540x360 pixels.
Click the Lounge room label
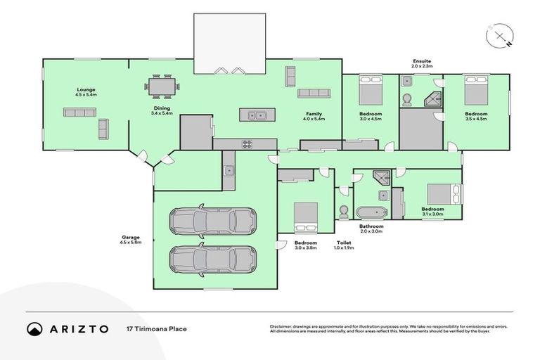[86, 91]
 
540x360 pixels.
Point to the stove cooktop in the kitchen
[247, 144]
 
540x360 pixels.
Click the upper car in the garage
[212, 221]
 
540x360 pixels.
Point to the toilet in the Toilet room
[344, 212]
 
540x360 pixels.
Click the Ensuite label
[422, 62]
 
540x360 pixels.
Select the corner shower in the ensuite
[435, 99]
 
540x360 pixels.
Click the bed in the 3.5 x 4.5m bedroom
[475, 91]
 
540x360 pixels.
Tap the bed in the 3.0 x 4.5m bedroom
[370, 91]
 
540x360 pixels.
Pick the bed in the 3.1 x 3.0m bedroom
[445, 193]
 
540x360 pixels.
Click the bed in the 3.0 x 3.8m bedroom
[305, 216]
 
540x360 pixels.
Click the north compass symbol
[500, 36]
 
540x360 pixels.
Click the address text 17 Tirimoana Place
[156, 328]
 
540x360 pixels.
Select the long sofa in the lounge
[79, 112]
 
